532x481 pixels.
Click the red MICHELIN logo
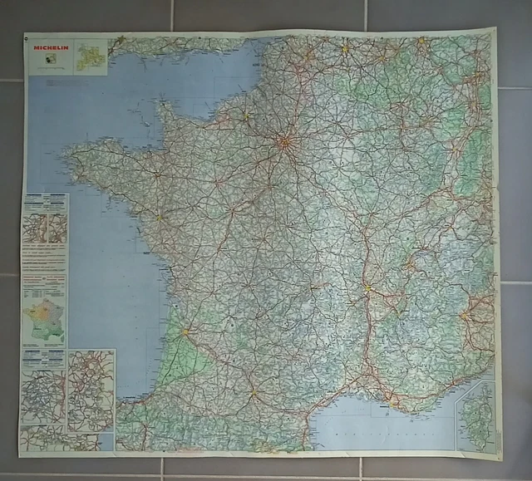click(49, 48)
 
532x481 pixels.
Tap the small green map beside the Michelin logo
click(87, 57)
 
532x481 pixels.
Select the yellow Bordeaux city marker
click(185, 331)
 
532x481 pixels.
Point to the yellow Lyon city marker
click(367, 289)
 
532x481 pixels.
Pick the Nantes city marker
click(157, 219)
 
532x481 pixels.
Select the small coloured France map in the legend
click(43, 321)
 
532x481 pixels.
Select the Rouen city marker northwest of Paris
click(246, 115)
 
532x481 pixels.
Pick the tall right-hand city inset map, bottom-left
click(91, 390)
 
